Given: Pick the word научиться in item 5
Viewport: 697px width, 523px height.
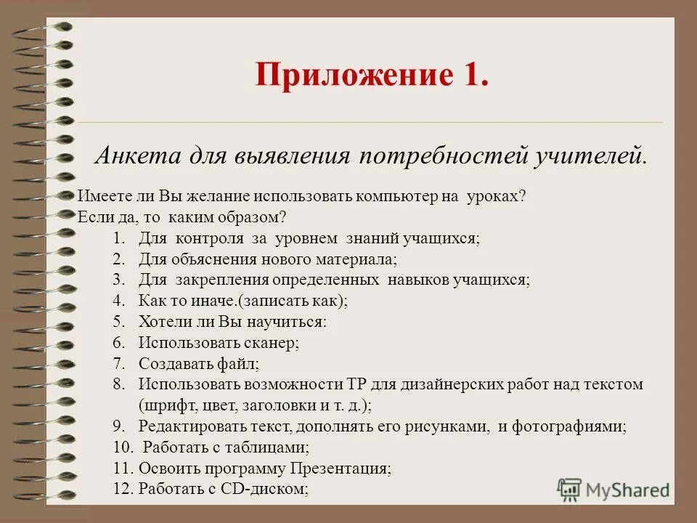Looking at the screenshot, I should [293, 321].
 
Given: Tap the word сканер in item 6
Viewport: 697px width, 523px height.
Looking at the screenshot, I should [273, 342].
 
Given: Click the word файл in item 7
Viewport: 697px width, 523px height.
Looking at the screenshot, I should [242, 363].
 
